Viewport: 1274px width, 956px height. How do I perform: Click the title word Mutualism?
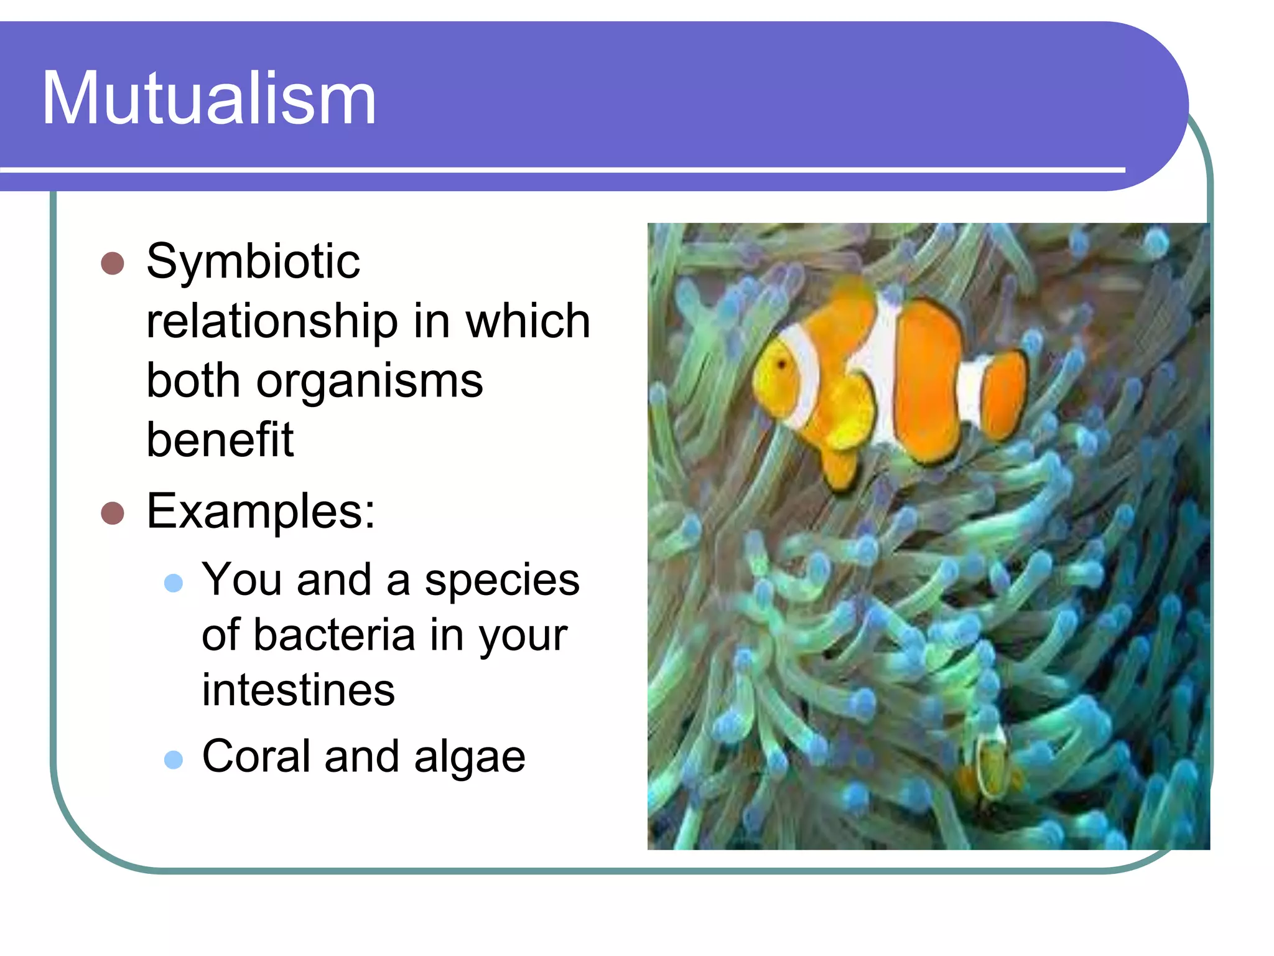click(209, 98)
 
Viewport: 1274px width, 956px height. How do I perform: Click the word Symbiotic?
click(253, 261)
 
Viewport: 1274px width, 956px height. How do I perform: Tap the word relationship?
click(272, 321)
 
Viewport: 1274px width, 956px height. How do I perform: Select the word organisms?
click(370, 381)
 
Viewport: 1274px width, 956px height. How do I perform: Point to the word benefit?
click(220, 439)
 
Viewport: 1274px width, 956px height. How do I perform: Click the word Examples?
click(261, 512)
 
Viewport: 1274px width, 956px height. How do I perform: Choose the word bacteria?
click(334, 635)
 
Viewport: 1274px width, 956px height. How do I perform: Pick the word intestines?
click(299, 690)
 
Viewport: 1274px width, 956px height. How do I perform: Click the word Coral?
click(256, 757)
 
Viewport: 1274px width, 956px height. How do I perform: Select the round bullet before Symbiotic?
click(113, 263)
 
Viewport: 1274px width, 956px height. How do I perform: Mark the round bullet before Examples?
click(113, 513)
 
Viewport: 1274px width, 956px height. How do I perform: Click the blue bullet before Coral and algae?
click(174, 759)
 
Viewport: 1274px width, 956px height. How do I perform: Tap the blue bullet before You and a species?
click(174, 583)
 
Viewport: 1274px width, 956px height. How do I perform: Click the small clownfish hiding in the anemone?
click(990, 764)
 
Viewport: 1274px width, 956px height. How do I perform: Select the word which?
click(528, 321)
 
